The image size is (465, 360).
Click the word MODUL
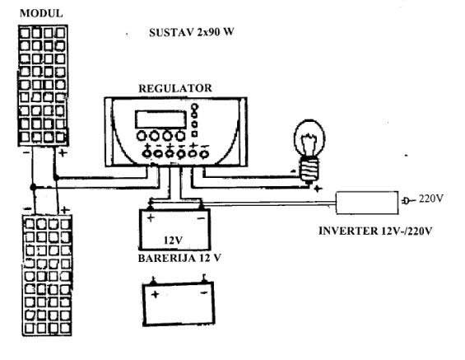[41, 13]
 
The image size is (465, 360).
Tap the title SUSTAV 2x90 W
[192, 32]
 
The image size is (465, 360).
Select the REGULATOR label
[175, 88]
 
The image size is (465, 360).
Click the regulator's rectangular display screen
[160, 119]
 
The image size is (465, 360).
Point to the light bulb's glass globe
[309, 138]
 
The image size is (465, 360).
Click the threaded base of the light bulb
[309, 169]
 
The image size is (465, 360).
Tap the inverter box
[367, 203]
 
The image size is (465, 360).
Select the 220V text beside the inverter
[431, 199]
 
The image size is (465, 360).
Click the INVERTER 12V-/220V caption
[375, 231]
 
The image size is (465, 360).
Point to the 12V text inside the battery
[173, 240]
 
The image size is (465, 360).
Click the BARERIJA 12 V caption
[179, 258]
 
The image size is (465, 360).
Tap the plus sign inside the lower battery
[155, 294]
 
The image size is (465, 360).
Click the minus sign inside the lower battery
[204, 293]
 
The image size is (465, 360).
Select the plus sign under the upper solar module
[63, 153]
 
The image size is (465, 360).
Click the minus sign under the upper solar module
[26, 152]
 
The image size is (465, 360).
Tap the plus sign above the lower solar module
[65, 210]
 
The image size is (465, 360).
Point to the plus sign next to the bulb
[318, 188]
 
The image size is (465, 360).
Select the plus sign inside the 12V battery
[151, 218]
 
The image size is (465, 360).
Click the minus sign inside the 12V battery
[202, 219]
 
